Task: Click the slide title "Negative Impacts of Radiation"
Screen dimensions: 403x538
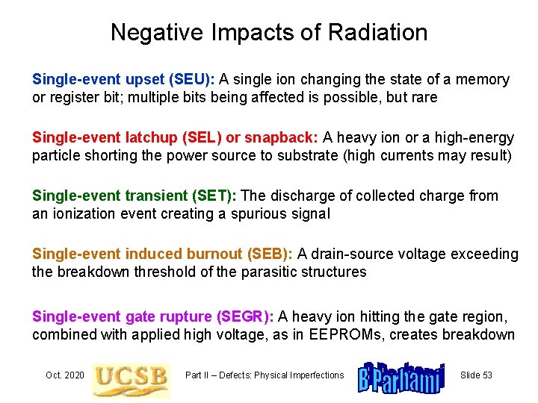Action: pyautogui.click(x=269, y=32)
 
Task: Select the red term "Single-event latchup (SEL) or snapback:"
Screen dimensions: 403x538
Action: pyautogui.click(x=176, y=138)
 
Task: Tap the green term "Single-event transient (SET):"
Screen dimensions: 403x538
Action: pyautogui.click(x=134, y=196)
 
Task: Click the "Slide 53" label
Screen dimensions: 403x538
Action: pyautogui.click(x=476, y=375)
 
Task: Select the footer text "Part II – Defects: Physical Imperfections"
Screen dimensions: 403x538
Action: pyautogui.click(x=265, y=375)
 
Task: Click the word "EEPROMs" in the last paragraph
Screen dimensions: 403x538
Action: pyautogui.click(x=344, y=334)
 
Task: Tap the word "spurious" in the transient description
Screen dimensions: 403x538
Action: pyautogui.click(x=259, y=214)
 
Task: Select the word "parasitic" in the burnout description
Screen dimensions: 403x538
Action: pyautogui.click(x=273, y=272)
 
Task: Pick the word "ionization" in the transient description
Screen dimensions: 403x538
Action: pyautogui.click(x=84, y=214)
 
